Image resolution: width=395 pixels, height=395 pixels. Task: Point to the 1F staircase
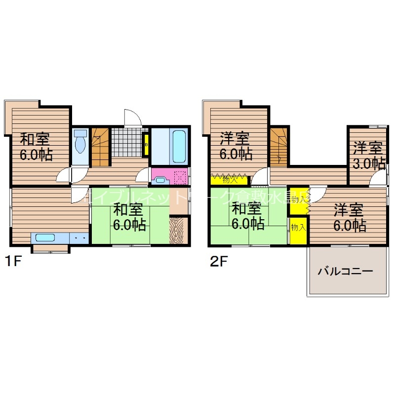[101, 147]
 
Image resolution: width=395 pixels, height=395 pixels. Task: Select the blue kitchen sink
[46, 237]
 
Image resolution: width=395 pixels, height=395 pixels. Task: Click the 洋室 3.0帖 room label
[368, 155]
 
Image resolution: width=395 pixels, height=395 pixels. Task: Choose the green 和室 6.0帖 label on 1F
[129, 217]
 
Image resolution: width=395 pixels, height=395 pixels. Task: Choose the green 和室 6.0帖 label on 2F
[248, 216]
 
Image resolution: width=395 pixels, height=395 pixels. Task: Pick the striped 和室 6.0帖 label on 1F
[36, 147]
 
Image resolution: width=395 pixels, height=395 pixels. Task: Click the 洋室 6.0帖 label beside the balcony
[349, 217]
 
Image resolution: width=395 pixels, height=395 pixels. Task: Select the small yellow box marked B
[146, 145]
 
